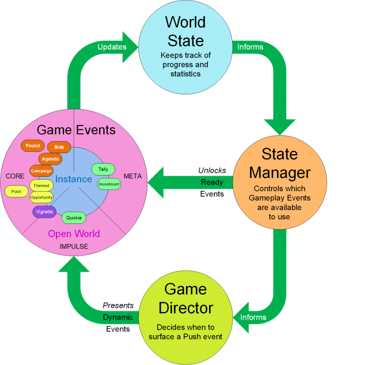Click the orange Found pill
coord(33,146)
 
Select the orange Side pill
coord(59,147)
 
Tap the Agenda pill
coord(50,159)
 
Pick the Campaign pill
coord(41,171)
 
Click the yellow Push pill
coord(16,191)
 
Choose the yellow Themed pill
coord(41,185)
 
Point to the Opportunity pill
coord(41,197)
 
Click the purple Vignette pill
coord(44,212)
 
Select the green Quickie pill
coord(74,218)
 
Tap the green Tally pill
coord(103,169)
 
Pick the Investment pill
coord(109,184)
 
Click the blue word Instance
coord(74,179)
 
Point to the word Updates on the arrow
coord(112,47)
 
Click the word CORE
coord(15,176)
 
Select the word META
coord(132,176)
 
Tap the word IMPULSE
coord(74,246)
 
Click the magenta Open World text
coord(74,234)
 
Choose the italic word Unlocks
coord(212,170)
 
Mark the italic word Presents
coord(118,306)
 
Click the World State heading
coord(185,31)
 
